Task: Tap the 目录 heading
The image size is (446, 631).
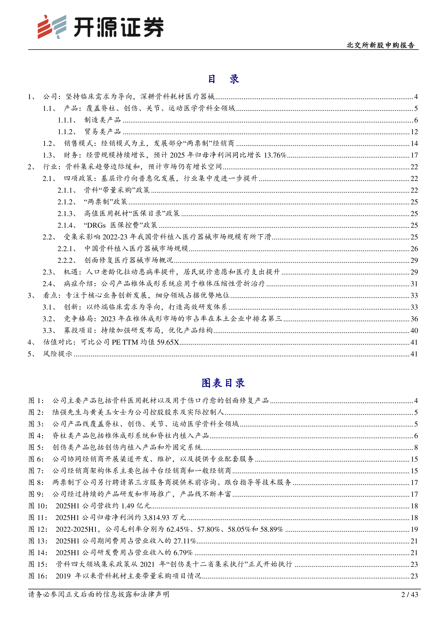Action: [223, 79]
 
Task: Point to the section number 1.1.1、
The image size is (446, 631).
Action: [67, 120]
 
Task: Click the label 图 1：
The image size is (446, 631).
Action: [36, 401]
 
